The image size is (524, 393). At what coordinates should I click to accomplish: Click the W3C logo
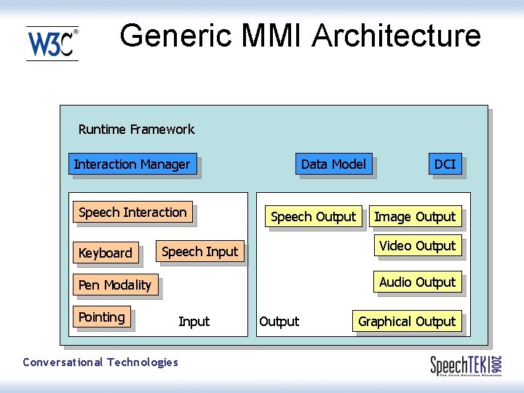pyautogui.click(x=52, y=44)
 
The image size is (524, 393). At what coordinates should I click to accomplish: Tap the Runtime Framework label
pyautogui.click(x=136, y=130)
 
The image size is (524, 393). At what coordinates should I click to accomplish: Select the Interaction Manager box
pyautogui.click(x=132, y=164)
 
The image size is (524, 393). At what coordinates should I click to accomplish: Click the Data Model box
pyautogui.click(x=333, y=164)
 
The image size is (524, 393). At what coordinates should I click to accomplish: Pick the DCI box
pyautogui.click(x=445, y=164)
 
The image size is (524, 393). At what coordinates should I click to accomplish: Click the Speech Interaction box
pyautogui.click(x=132, y=213)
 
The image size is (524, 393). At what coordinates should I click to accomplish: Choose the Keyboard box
pyautogui.click(x=106, y=253)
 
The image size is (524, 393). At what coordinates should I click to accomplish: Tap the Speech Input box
pyautogui.click(x=199, y=252)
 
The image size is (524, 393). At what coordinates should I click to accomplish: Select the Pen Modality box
pyautogui.click(x=115, y=285)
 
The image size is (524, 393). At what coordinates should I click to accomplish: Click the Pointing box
pyautogui.click(x=102, y=317)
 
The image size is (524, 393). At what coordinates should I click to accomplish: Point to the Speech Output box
pyautogui.click(x=313, y=217)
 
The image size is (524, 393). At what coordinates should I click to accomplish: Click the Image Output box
pyautogui.click(x=415, y=217)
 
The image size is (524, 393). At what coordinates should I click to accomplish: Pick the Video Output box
pyautogui.click(x=417, y=246)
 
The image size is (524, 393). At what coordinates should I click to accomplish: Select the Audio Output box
pyautogui.click(x=417, y=282)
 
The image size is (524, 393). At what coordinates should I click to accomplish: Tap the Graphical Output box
pyautogui.click(x=407, y=322)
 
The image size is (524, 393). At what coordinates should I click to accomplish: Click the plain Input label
pyautogui.click(x=194, y=322)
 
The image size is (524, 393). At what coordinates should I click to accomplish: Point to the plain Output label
pyautogui.click(x=279, y=322)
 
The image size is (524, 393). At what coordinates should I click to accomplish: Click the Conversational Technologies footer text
pyautogui.click(x=100, y=362)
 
